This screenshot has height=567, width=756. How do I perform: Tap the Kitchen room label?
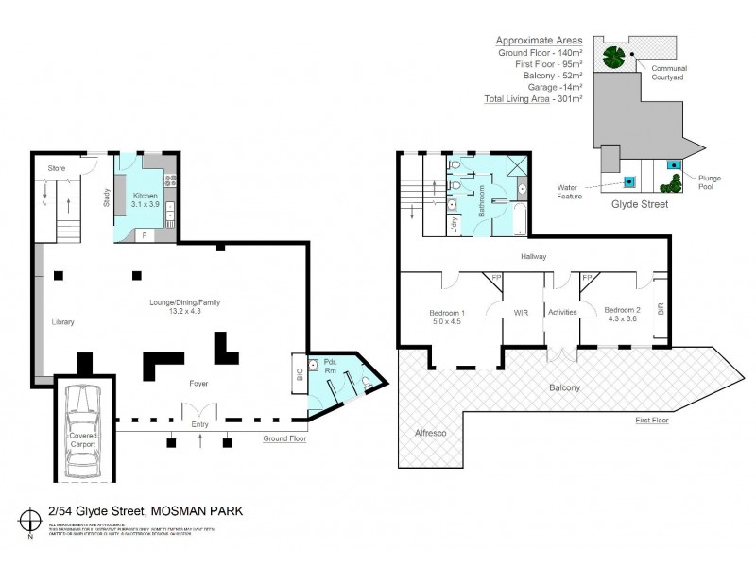[145, 196]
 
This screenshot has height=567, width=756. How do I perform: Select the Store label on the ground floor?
[58, 169]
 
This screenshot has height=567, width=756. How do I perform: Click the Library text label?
[62, 322]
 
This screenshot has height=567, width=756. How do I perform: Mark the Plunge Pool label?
[711, 181]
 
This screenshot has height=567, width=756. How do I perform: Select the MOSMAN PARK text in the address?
[198, 511]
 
